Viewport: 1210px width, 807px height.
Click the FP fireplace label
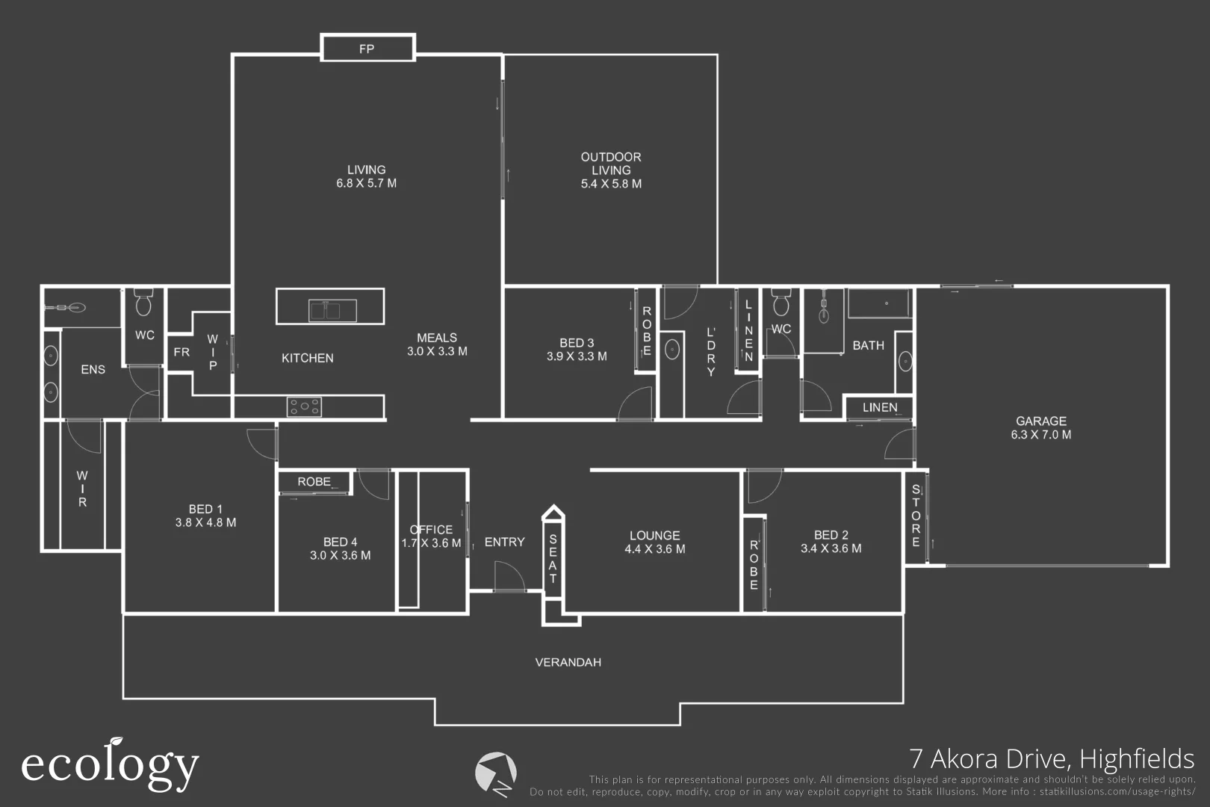click(366, 49)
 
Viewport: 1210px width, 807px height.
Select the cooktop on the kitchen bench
click(305, 406)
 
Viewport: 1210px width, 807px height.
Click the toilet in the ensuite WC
click(143, 303)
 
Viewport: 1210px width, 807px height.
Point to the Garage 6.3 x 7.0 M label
click(1040, 427)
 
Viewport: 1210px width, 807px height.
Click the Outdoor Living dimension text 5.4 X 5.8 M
click(611, 184)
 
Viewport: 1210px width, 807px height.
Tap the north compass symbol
click(496, 773)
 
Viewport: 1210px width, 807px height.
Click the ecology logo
click(110, 764)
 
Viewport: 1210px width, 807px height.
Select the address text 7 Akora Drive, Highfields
click(1052, 759)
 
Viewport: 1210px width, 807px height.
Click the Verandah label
click(568, 662)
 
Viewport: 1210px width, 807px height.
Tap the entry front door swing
click(509, 576)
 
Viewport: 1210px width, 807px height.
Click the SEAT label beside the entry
click(553, 560)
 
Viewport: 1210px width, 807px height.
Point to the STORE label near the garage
click(916, 516)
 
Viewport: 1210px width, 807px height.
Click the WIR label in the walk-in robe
click(82, 489)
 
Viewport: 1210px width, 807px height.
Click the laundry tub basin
click(671, 350)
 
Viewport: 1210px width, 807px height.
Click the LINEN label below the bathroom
click(879, 407)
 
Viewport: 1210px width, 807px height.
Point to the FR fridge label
click(181, 352)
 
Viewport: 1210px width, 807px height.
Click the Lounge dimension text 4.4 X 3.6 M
click(654, 549)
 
